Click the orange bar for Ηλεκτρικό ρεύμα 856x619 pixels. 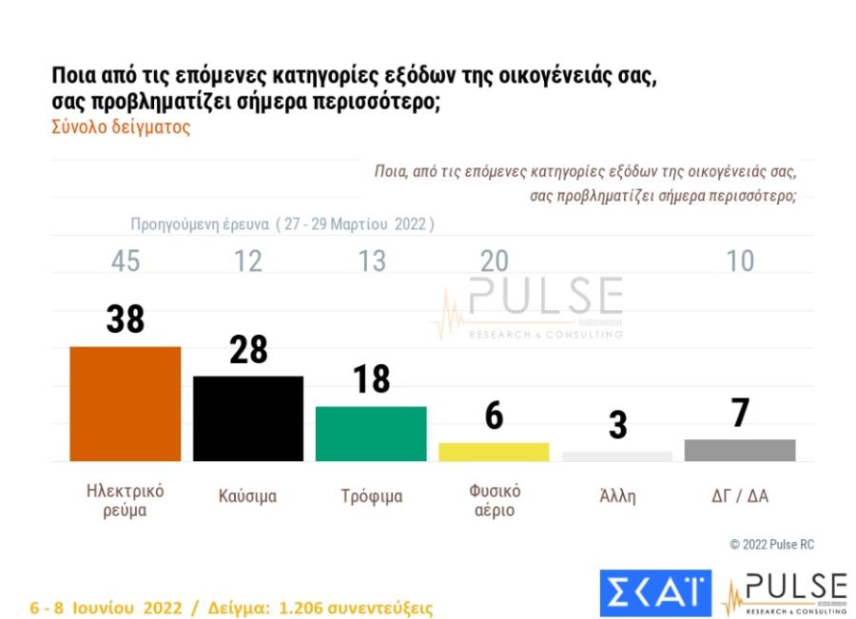[126, 404]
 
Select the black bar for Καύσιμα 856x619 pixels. [248, 418]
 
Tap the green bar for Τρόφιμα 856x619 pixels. [371, 434]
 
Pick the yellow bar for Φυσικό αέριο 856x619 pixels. [494, 452]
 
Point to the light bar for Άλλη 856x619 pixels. [617, 456]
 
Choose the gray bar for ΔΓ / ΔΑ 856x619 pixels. [740, 450]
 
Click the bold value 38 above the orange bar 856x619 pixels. [126, 319]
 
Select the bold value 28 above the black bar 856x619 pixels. [248, 350]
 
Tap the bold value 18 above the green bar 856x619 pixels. [371, 378]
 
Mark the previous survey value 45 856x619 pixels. [126, 261]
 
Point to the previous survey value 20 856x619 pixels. [494, 261]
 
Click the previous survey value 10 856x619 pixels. [740, 261]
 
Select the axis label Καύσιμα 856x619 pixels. [247, 496]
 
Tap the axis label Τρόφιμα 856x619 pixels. [372, 496]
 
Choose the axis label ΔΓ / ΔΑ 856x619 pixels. [740, 496]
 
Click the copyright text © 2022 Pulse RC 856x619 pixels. [771, 545]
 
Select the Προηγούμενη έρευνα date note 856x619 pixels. [282, 225]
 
